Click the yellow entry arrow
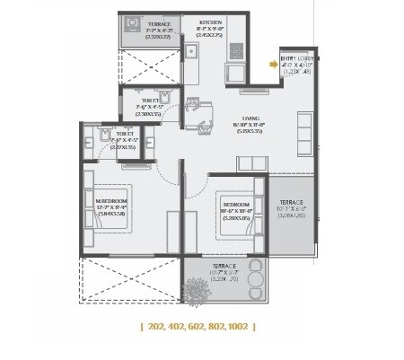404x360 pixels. [273, 64]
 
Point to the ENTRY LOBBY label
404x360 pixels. [294, 57]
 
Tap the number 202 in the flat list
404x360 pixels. [162, 327]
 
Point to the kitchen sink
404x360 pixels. [192, 52]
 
